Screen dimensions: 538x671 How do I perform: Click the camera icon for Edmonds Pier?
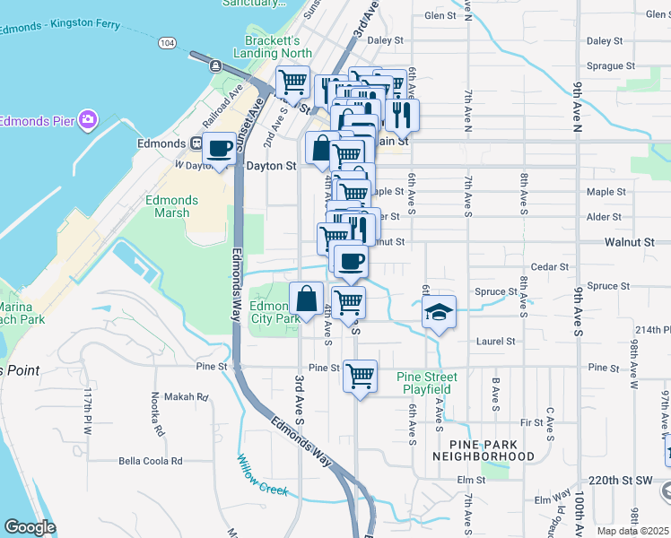click(x=87, y=119)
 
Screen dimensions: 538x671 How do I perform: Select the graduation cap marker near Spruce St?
click(x=439, y=312)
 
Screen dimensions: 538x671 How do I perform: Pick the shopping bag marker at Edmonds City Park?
click(x=307, y=299)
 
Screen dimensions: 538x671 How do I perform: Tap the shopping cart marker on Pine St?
click(x=360, y=375)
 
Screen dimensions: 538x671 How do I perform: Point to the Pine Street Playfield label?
click(x=427, y=383)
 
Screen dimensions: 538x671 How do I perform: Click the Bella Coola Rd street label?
click(x=151, y=461)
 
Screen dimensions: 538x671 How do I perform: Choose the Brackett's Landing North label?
click(x=278, y=47)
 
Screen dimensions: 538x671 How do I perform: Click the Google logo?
click(x=30, y=527)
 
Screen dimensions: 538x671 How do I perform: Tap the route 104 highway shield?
click(x=167, y=42)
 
